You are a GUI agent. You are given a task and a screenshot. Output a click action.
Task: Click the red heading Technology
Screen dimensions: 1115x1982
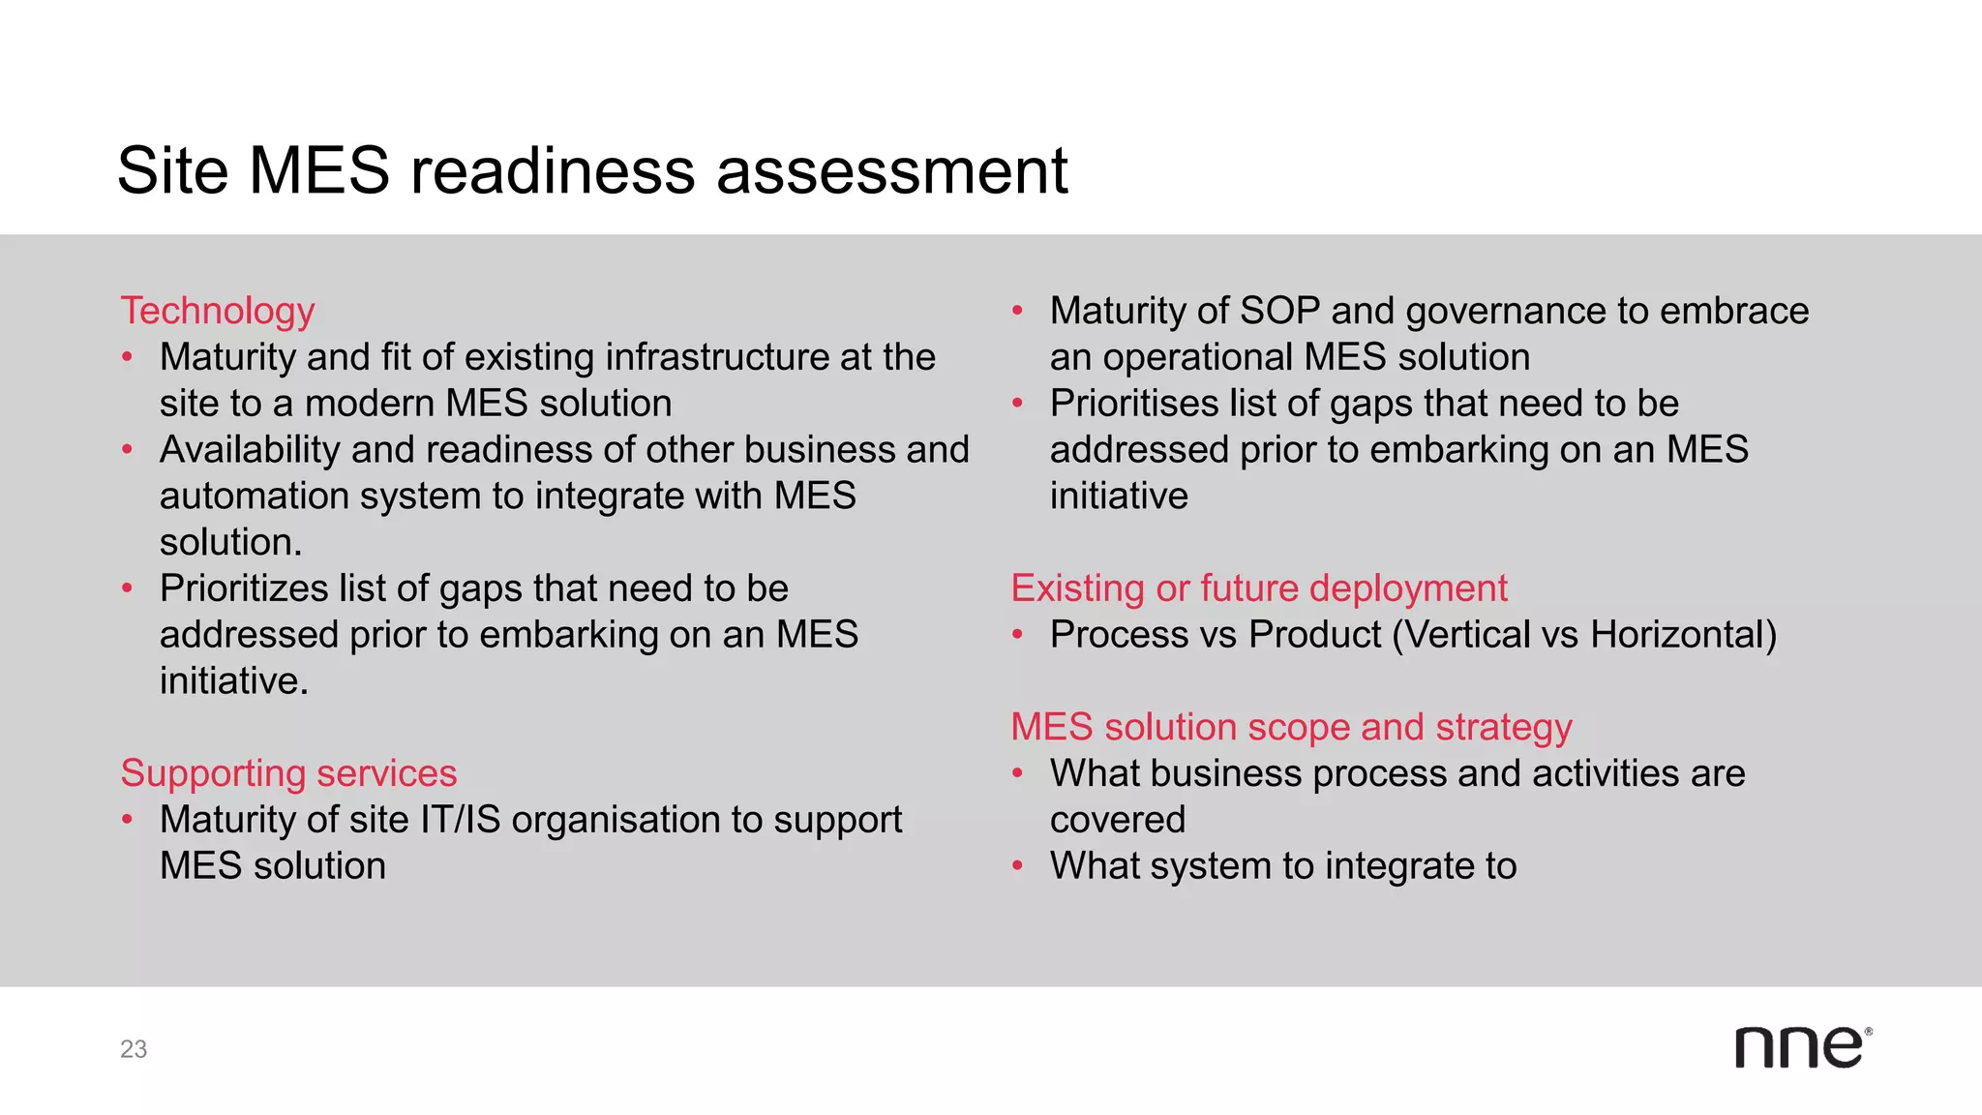[218, 312]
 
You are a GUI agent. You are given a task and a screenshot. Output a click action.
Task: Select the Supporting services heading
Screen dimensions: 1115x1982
[288, 774]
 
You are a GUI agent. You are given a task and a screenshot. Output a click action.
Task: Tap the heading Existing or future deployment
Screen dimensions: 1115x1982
[1259, 589]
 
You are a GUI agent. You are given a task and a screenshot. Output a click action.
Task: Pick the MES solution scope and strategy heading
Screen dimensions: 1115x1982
[1291, 728]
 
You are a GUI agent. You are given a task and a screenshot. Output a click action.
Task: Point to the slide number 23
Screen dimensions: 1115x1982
[134, 1049]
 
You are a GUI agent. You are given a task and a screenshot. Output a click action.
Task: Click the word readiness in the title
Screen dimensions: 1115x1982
[553, 171]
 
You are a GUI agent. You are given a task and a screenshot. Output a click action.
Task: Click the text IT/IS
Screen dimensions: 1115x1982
[460, 821]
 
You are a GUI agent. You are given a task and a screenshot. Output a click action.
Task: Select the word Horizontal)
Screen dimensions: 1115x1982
[1684, 636]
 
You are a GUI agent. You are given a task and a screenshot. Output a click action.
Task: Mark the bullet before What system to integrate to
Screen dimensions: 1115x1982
[1017, 866]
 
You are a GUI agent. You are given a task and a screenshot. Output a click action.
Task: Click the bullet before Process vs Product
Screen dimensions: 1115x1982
[1017, 636]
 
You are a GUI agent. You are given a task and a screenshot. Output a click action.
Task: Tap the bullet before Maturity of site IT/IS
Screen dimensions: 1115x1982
[127, 821]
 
